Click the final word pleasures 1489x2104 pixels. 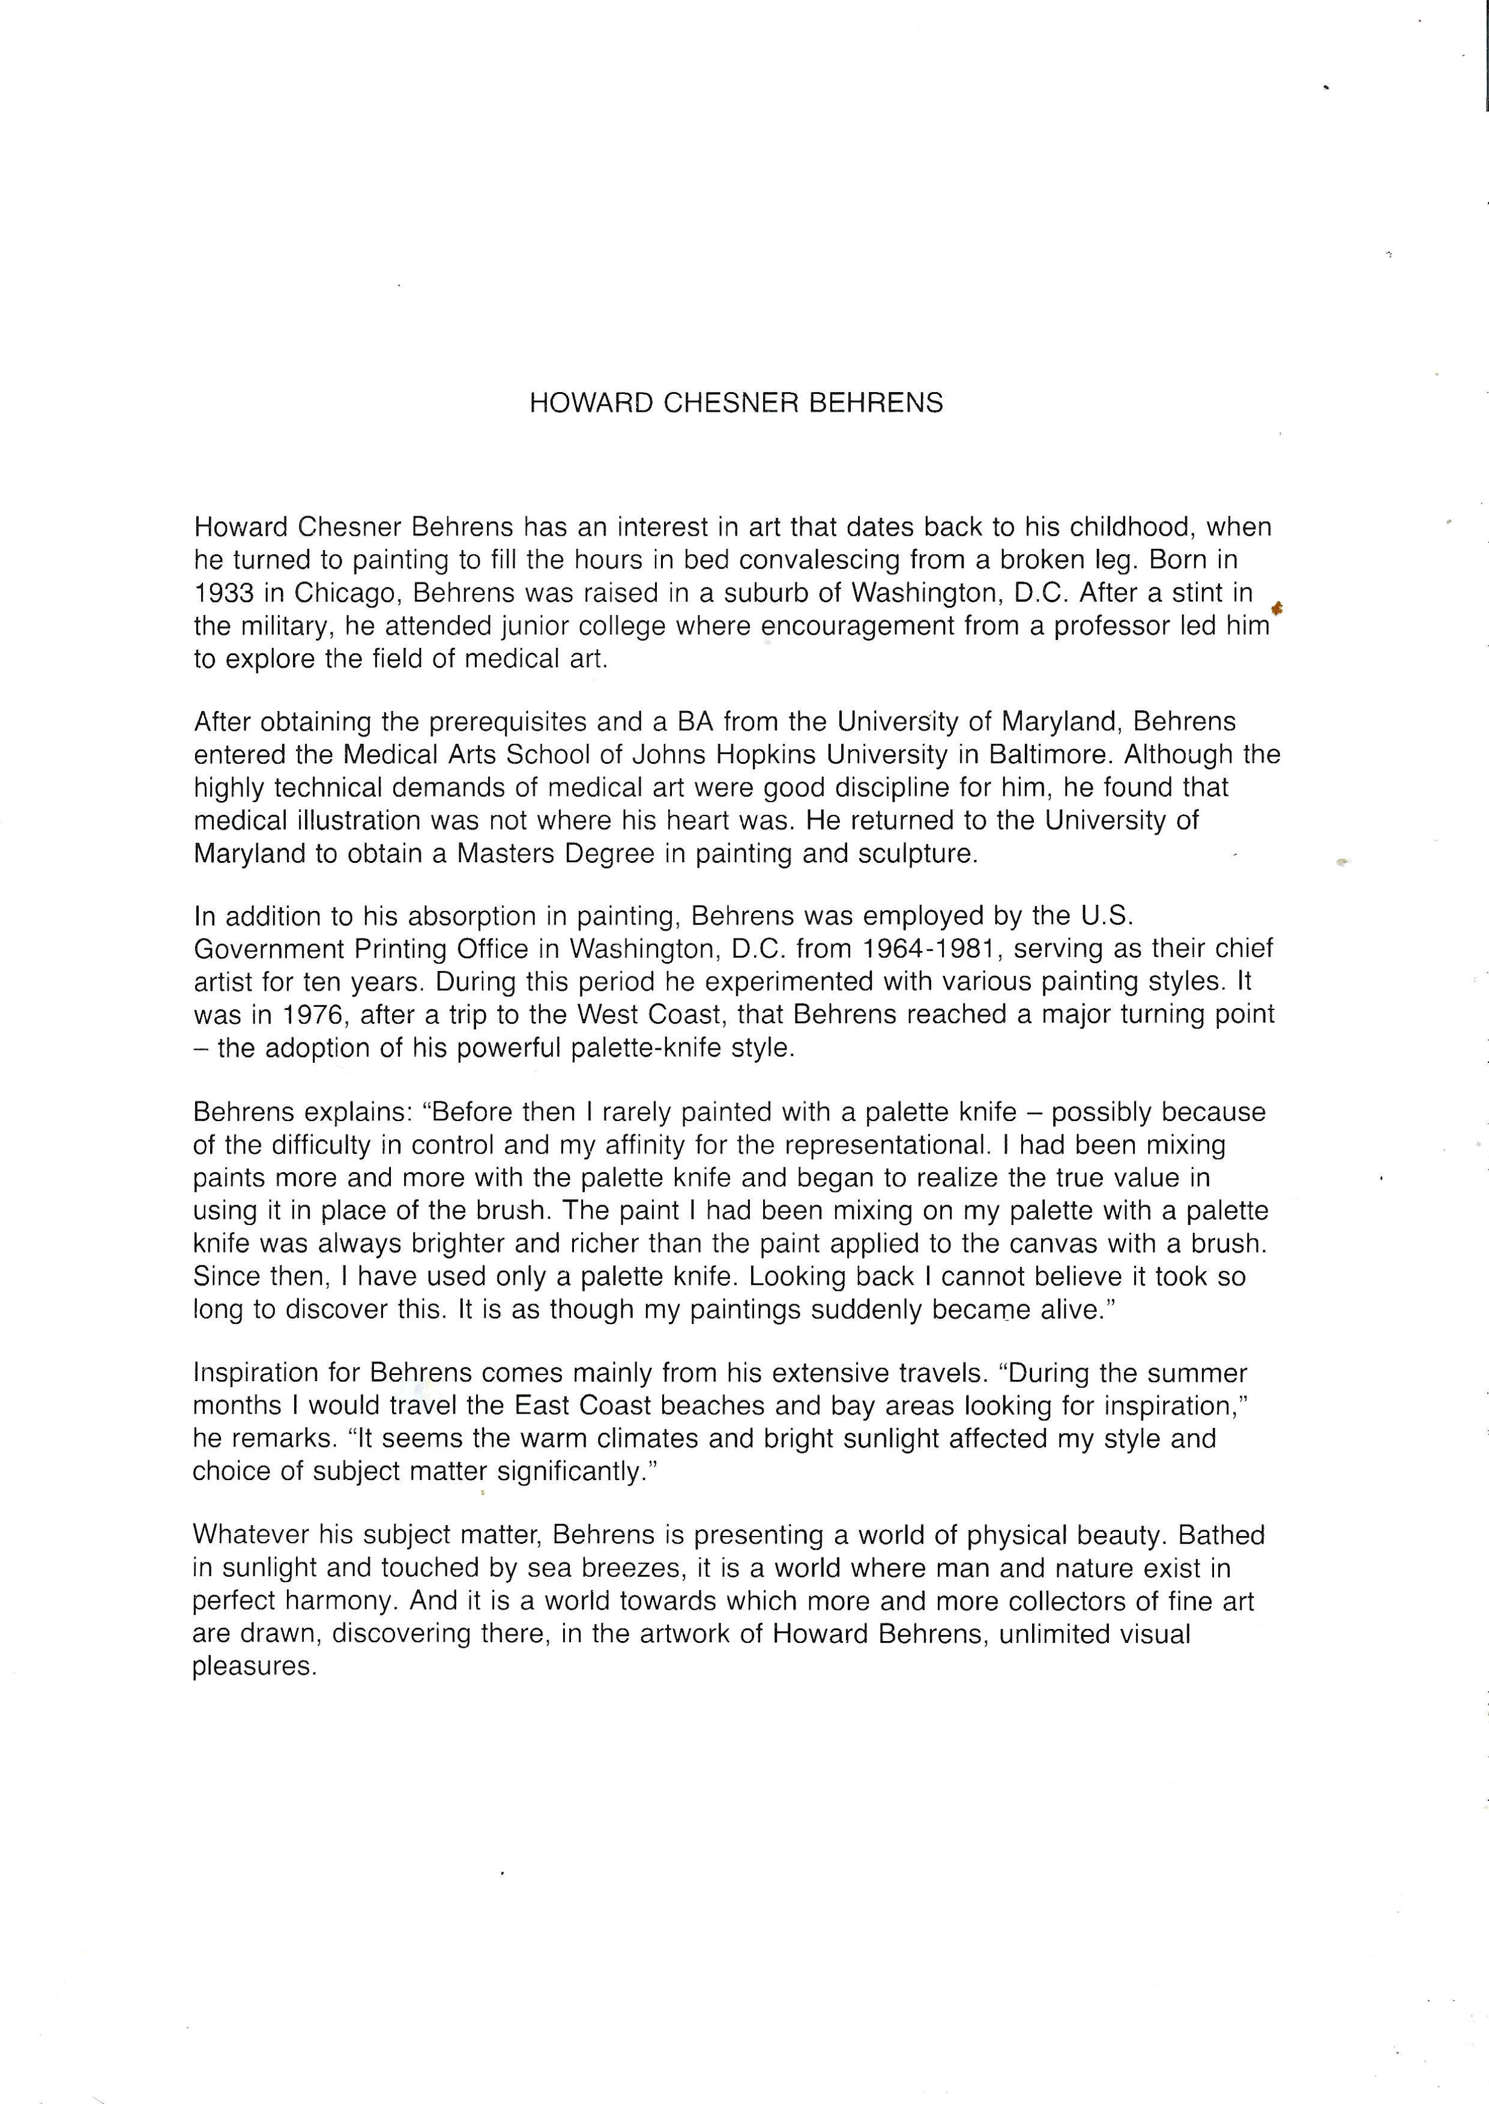[254, 1667]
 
